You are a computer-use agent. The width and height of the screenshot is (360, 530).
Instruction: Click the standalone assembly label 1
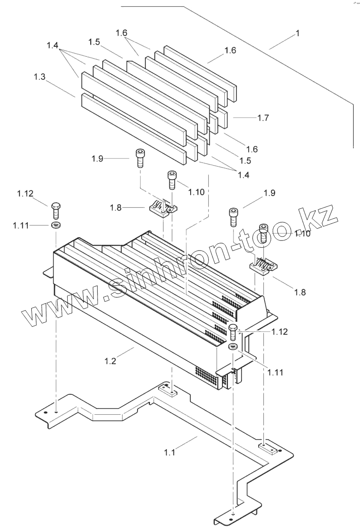[x=298, y=34]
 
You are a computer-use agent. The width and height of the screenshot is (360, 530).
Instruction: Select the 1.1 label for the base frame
[x=170, y=452]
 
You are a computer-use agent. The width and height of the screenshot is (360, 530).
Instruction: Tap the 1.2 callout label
[x=110, y=361]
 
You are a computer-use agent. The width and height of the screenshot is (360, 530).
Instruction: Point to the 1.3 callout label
[x=39, y=77]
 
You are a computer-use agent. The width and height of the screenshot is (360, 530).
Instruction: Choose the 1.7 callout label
[x=263, y=118]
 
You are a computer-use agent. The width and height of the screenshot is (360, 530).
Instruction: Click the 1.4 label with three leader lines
[x=53, y=46]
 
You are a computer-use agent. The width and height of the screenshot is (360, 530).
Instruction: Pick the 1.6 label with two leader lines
[x=121, y=33]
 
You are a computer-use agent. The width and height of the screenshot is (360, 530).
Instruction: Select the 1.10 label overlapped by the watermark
[x=302, y=233]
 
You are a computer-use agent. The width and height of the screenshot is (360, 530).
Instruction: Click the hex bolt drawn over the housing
[x=233, y=333]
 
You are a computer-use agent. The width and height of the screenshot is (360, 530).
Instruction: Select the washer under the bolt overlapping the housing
[x=232, y=347]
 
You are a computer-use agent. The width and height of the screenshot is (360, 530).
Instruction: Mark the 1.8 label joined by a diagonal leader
[x=300, y=293]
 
